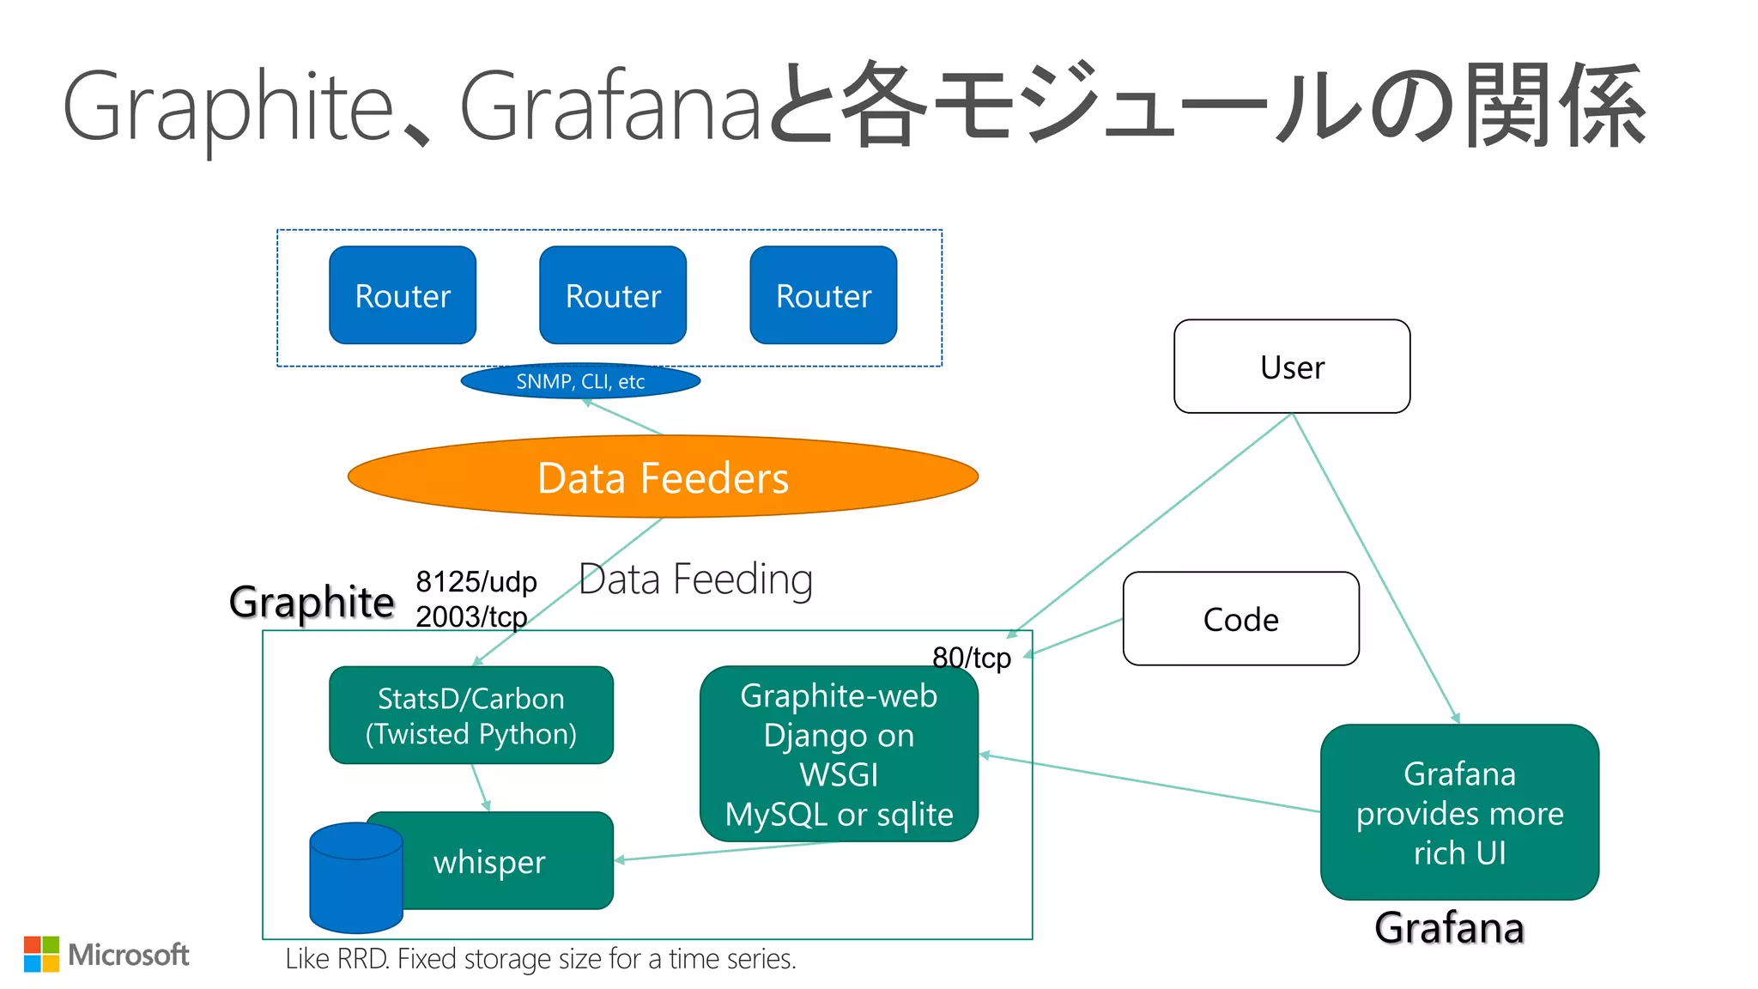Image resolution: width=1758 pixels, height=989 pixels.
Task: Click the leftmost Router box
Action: (x=403, y=295)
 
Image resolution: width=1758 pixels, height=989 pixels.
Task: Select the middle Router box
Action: (x=613, y=295)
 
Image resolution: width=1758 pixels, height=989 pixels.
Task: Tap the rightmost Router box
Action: (x=823, y=295)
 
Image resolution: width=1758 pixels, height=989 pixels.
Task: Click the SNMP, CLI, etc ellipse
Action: (x=580, y=381)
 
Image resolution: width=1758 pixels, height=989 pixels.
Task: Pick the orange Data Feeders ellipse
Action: (x=663, y=477)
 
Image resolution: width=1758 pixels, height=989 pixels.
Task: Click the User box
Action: (x=1292, y=367)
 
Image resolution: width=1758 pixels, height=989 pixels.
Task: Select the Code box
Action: (x=1240, y=619)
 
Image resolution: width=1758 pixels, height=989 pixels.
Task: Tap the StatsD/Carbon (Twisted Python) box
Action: (x=471, y=715)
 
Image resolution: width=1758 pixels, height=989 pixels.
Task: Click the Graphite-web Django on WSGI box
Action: (x=839, y=754)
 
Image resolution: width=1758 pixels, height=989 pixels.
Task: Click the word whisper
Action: (x=489, y=861)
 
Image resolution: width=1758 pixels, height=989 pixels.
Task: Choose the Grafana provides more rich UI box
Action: (x=1459, y=812)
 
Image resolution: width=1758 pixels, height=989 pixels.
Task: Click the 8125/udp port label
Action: (x=476, y=582)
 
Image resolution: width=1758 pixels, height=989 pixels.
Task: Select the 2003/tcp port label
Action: (x=471, y=616)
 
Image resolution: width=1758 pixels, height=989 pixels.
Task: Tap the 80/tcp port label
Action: (x=972, y=658)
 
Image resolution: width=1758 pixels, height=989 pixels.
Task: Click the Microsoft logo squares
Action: (x=41, y=954)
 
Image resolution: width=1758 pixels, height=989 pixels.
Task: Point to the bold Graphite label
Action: (x=312, y=602)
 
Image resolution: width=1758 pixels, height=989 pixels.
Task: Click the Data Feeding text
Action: (x=695, y=579)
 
